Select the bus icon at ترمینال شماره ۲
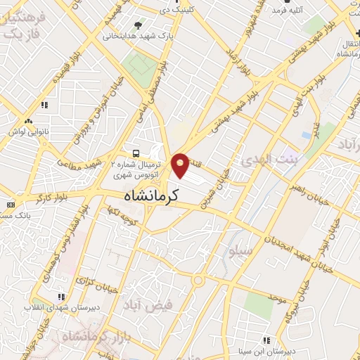(x=136, y=153)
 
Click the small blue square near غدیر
(x=306, y=134)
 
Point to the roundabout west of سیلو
(x=198, y=282)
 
